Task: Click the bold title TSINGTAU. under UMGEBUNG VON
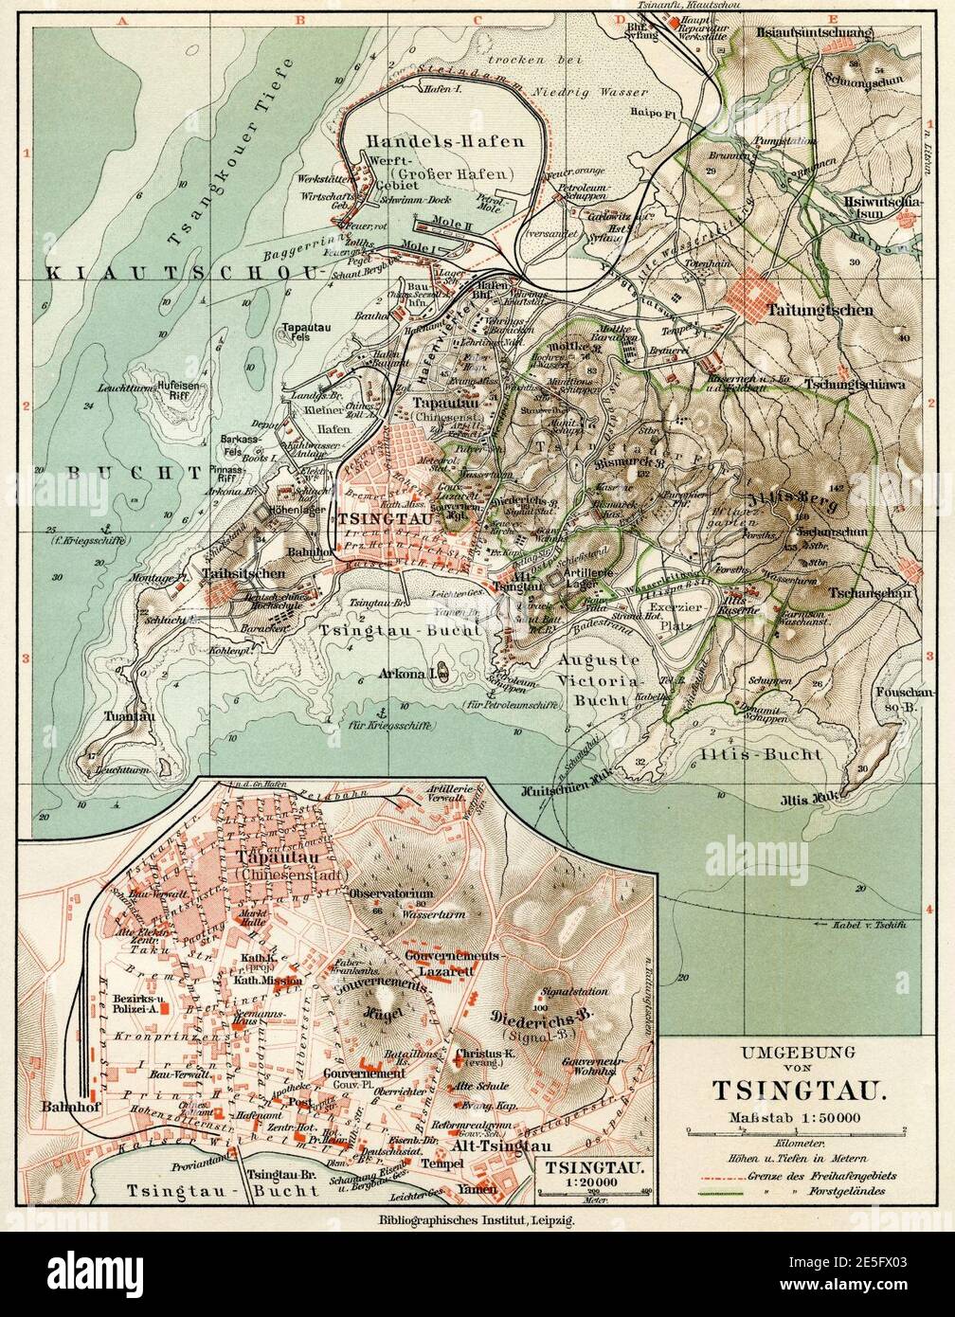[799, 1089]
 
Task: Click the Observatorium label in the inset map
[390, 893]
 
